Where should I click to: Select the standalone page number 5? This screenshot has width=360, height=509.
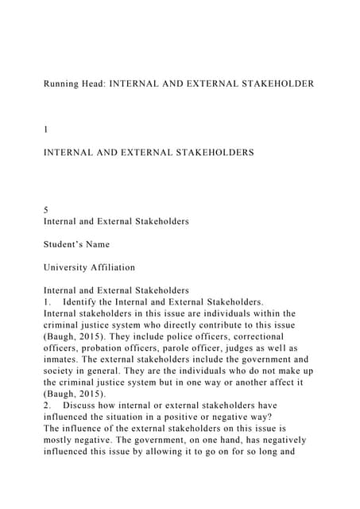(x=46, y=210)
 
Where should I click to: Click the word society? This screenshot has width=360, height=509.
(x=62, y=371)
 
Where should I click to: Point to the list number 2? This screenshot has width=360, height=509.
(x=47, y=406)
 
